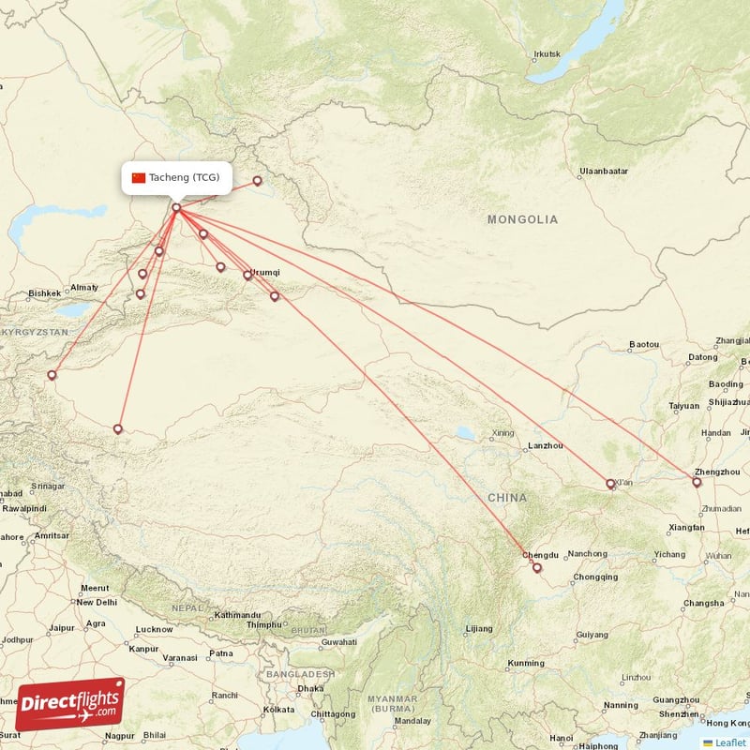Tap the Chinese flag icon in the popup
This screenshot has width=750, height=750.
[x=139, y=178]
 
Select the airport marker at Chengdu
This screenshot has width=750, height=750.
[x=537, y=567]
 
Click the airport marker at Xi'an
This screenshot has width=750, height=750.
[x=611, y=485]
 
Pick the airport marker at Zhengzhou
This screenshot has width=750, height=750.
[x=697, y=483]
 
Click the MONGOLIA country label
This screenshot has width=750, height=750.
[x=522, y=219]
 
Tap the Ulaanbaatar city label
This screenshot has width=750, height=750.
[x=604, y=172]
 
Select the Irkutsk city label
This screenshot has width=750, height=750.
[x=547, y=53]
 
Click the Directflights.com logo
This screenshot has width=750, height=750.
[x=70, y=704]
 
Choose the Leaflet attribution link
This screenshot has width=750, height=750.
[x=731, y=742]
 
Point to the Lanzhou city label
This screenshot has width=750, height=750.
[x=547, y=445]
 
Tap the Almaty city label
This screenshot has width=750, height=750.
[x=83, y=287]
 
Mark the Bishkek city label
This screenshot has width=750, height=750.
[x=44, y=293]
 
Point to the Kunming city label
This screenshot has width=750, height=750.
[x=524, y=664]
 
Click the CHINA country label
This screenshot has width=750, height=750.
[x=506, y=497]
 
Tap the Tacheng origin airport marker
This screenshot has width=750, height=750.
[x=176, y=207]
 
